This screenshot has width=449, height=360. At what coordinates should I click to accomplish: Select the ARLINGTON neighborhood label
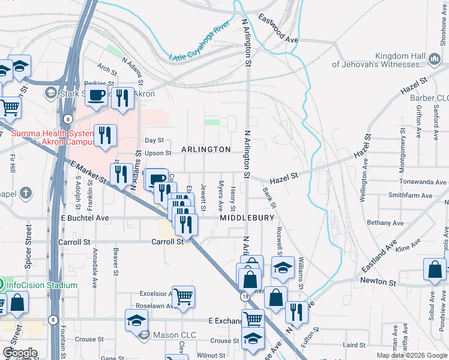[206, 149]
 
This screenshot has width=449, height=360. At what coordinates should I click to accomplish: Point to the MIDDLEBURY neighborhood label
[247, 218]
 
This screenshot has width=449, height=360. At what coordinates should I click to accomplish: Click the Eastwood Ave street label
[278, 28]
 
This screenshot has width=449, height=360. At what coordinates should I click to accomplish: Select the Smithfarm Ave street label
[410, 195]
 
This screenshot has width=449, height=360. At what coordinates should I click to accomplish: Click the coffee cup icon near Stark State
[96, 95]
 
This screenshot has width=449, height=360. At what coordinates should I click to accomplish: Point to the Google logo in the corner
[20, 353]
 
